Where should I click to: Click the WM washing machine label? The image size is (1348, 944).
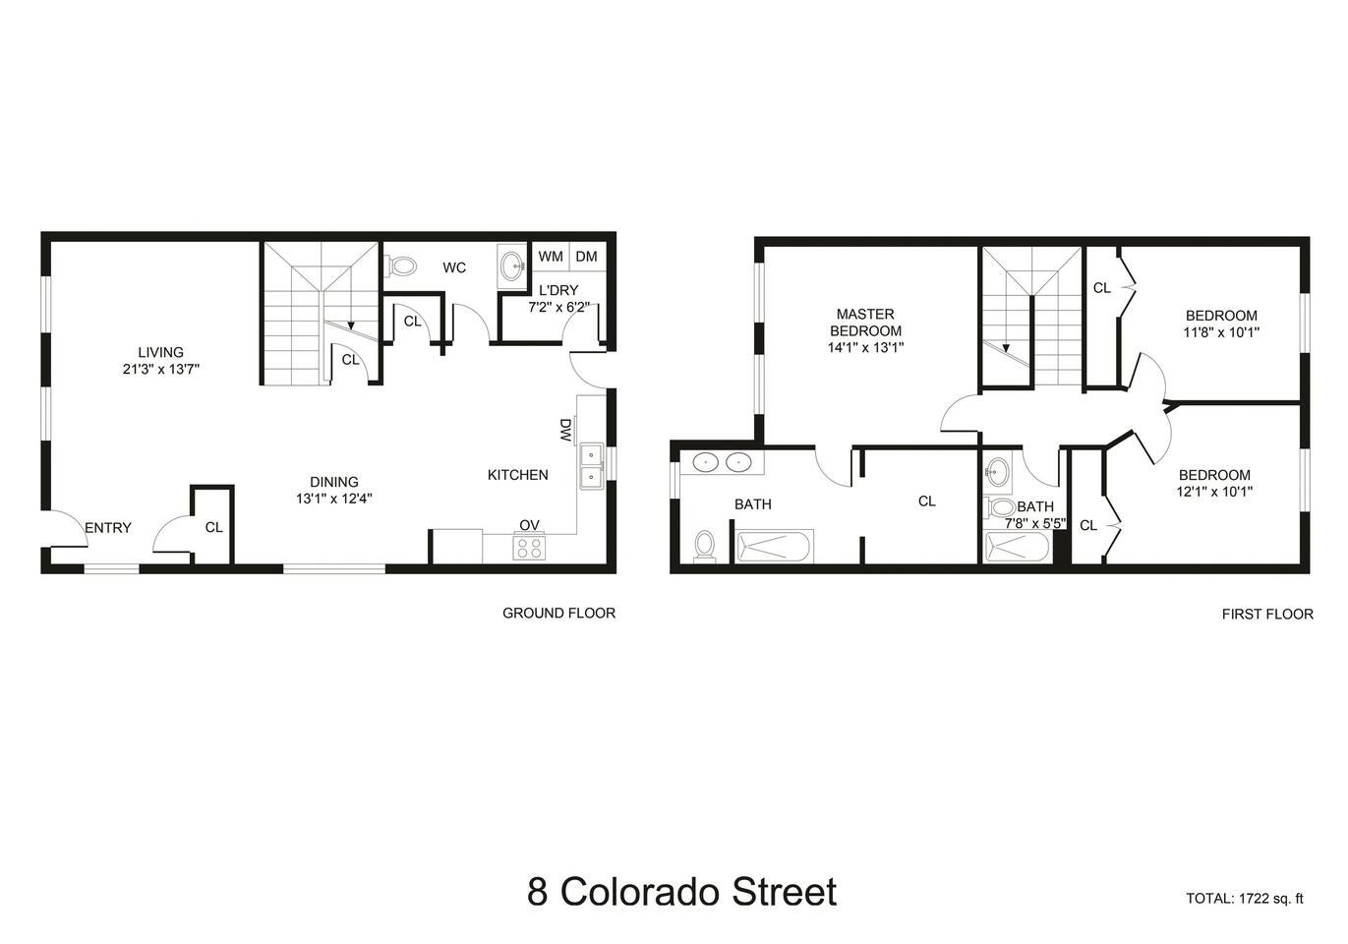(551, 257)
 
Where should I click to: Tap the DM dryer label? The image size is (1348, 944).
(586, 257)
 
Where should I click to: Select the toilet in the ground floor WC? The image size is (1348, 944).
(401, 265)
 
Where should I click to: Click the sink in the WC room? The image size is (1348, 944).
(512, 265)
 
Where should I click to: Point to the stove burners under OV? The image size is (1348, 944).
(529, 548)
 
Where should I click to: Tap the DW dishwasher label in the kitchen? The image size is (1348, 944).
(565, 430)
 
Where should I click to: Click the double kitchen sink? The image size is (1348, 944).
(592, 466)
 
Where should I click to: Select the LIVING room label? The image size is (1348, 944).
(160, 352)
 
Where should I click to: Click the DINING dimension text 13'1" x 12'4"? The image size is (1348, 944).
(334, 499)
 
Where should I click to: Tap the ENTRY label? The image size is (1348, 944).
(108, 528)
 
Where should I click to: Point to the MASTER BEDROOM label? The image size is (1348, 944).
(865, 323)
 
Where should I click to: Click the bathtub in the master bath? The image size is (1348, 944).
(775, 546)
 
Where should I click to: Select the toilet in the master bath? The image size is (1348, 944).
(704, 546)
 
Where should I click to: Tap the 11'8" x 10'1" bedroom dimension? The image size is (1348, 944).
(1221, 332)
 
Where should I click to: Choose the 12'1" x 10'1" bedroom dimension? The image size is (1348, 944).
(1214, 492)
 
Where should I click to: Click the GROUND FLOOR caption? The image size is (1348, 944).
(559, 613)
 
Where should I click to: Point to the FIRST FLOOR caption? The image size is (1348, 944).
(1267, 614)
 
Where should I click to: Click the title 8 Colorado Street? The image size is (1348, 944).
(681, 892)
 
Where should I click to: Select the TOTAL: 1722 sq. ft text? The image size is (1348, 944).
(1245, 899)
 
